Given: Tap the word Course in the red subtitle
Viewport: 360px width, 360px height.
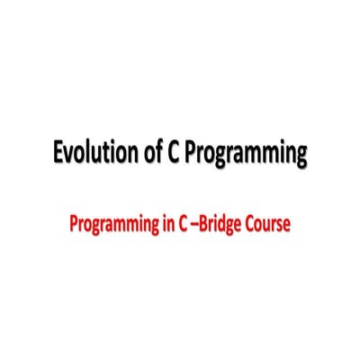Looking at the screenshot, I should point(268,224).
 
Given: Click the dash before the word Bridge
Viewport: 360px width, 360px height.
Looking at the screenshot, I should point(195,225).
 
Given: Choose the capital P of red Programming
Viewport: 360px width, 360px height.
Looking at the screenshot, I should point(73,224).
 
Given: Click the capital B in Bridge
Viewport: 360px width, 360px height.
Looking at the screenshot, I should point(204,224).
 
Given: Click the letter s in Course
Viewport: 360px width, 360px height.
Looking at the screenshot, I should point(279,225).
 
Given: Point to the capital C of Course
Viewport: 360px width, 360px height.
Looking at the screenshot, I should point(249,224).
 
